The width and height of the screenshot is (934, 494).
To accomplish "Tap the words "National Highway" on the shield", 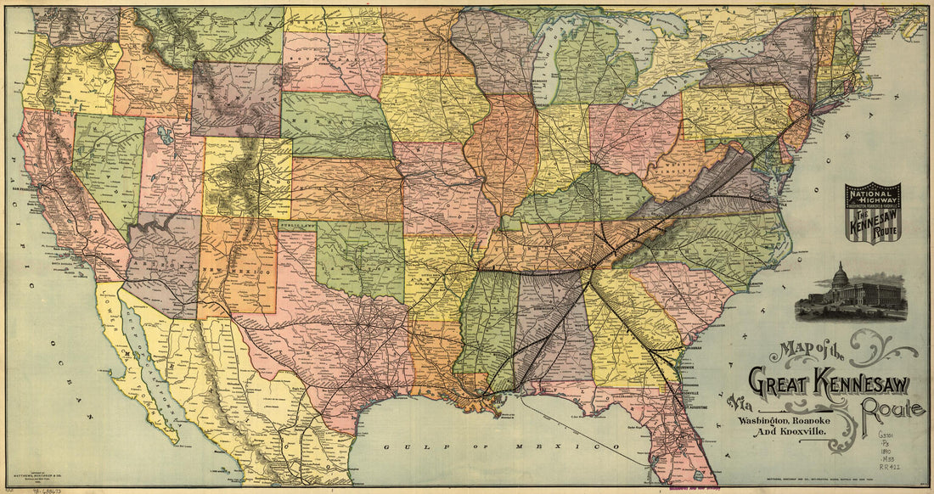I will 872,197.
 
